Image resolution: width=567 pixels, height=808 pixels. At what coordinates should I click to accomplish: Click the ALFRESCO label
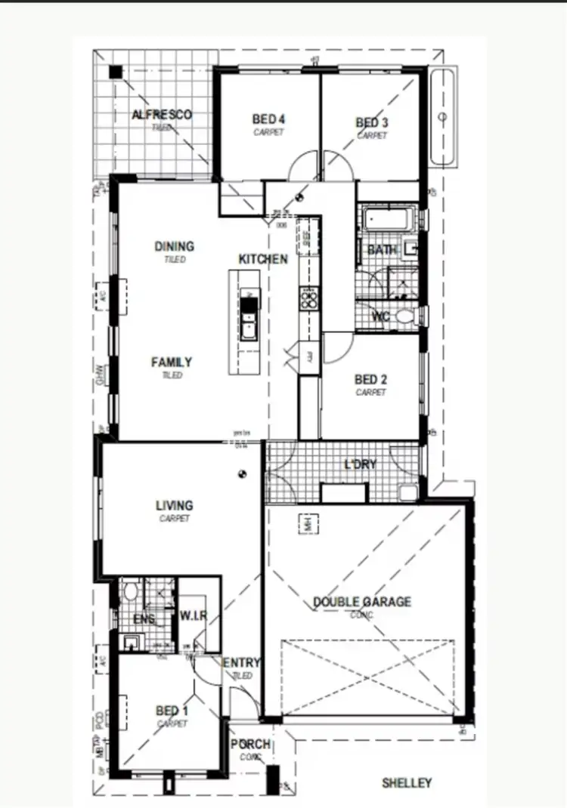(x=161, y=115)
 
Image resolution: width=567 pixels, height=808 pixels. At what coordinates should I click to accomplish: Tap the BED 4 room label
(x=268, y=119)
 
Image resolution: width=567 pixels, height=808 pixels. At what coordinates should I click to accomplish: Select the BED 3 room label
(x=371, y=123)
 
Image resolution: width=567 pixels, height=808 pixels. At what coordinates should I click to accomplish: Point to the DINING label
(x=174, y=246)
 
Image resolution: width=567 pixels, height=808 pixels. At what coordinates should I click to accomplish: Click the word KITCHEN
(x=263, y=259)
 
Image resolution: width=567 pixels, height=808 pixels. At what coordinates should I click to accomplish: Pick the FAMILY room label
(x=172, y=362)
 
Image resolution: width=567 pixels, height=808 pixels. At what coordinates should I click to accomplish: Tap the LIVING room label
(x=174, y=505)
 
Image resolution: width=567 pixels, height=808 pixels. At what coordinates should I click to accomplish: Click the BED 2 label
(x=370, y=380)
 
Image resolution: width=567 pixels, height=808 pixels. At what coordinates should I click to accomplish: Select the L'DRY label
(x=360, y=464)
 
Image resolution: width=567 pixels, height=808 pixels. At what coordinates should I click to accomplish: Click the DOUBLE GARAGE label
(x=362, y=602)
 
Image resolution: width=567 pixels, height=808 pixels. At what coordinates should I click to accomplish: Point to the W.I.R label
(x=194, y=615)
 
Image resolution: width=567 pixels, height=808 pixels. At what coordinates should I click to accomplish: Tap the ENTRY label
(x=242, y=663)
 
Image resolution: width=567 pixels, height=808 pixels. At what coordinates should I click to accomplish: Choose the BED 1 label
(x=172, y=711)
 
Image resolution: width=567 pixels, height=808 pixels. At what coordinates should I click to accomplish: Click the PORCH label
(x=251, y=745)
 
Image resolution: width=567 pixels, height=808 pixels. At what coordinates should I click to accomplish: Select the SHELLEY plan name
(x=406, y=783)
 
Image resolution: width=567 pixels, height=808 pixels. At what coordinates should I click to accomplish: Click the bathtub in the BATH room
(x=387, y=221)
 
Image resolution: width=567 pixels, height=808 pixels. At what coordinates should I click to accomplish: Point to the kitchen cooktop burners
(x=309, y=300)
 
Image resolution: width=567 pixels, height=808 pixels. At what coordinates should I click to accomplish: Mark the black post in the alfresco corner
(x=114, y=72)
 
